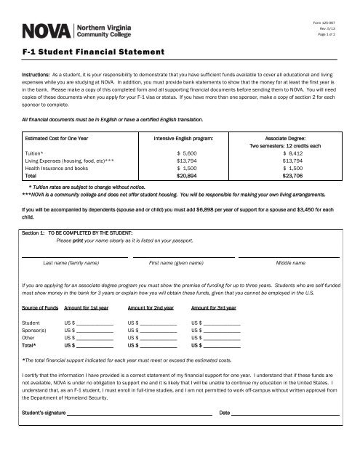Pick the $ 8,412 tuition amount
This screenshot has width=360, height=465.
[x=295, y=153]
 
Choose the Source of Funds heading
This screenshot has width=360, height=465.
[x=40, y=308]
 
